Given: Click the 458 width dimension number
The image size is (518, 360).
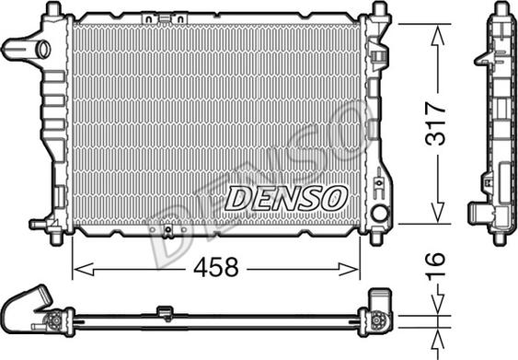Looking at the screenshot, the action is pos(215,267).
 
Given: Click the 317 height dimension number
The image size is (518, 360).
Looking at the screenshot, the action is pos(436,124).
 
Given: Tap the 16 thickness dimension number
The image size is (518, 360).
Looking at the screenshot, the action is pos(435,266).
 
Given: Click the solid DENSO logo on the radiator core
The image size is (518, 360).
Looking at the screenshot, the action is pos(286,198).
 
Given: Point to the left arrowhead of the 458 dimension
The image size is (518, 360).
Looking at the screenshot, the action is pos(83,270).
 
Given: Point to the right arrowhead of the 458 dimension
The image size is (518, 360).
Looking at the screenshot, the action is pos(349,270).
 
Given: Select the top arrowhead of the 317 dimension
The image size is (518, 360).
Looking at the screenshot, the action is pos(437,36).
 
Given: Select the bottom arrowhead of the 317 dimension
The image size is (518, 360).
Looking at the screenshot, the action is pos(437,213).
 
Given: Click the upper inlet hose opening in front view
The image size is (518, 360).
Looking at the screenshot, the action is pos(43,50).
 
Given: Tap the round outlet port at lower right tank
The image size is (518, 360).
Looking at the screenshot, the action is pos(379,213).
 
